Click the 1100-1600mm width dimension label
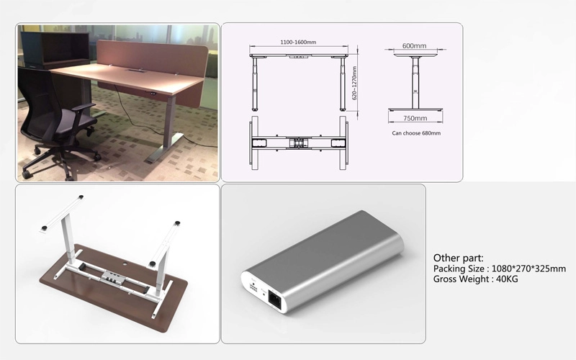coord(298,42)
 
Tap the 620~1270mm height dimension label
coord(354,84)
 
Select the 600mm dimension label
coord(415,46)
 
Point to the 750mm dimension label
coord(415,118)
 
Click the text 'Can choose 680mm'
coord(416,133)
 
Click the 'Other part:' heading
coord(459,258)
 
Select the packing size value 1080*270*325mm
coord(528,269)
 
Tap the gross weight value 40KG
coord(507,279)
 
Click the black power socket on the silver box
coord(275,297)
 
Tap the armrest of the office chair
coord(84,107)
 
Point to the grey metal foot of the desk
coord(165,148)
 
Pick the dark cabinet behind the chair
coord(55,50)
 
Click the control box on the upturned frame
coord(113,276)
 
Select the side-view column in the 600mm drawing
coord(415,83)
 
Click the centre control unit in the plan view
coord(298,143)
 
